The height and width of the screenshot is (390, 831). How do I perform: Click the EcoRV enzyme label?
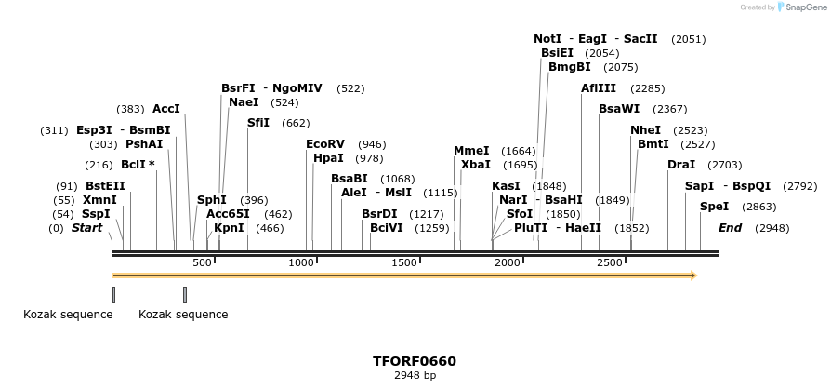(x=325, y=144)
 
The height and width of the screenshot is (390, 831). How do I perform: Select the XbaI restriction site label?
(x=476, y=165)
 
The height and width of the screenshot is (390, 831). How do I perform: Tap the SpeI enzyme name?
(x=714, y=207)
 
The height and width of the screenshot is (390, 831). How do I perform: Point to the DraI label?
(x=681, y=165)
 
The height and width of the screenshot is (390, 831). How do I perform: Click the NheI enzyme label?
(x=645, y=130)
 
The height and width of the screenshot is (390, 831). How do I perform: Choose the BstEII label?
(x=105, y=186)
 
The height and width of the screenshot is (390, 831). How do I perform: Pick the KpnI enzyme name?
(x=229, y=228)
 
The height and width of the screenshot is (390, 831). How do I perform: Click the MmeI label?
(x=471, y=151)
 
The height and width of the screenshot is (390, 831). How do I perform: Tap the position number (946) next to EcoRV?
(x=372, y=144)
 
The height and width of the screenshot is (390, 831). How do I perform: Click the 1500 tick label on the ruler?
(x=405, y=263)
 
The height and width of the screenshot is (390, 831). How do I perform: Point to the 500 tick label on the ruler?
(x=202, y=263)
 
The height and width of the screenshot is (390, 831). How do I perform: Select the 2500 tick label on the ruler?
(x=609, y=263)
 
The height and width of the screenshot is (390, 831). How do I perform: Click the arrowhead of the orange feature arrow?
(x=692, y=276)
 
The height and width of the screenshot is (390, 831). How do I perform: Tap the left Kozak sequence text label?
(x=68, y=315)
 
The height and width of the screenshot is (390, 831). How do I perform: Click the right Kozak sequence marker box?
(x=185, y=294)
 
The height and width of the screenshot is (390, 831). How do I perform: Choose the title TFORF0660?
(x=415, y=361)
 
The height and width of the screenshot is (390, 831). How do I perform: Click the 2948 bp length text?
(x=415, y=376)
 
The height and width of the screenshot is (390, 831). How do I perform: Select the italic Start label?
(x=86, y=228)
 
